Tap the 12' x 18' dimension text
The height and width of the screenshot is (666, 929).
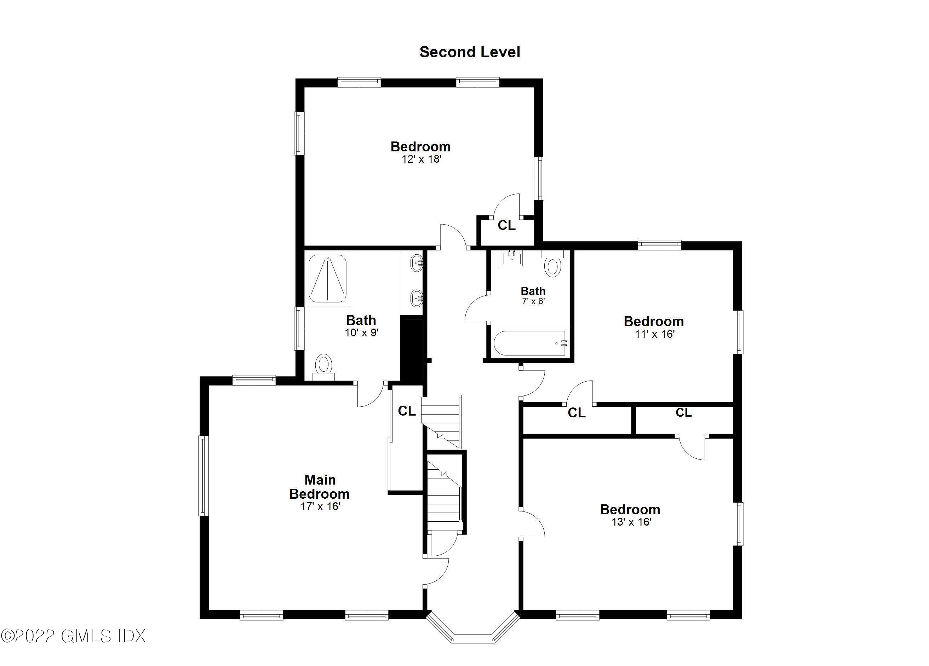[421, 159]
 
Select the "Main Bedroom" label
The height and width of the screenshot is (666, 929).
[320, 487]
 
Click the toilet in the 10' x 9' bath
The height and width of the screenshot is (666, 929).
[323, 365]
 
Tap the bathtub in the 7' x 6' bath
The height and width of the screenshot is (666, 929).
[530, 343]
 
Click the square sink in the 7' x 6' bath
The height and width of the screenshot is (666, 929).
[512, 258]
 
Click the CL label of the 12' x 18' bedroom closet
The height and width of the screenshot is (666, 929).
[506, 226]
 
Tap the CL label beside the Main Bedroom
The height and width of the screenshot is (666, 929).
[407, 411]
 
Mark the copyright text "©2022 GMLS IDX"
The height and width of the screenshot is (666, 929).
[73, 636]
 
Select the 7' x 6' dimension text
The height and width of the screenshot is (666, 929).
[533, 301]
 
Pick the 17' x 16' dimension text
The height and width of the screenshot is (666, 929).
[320, 506]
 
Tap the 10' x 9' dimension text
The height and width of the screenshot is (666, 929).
[361, 333]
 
